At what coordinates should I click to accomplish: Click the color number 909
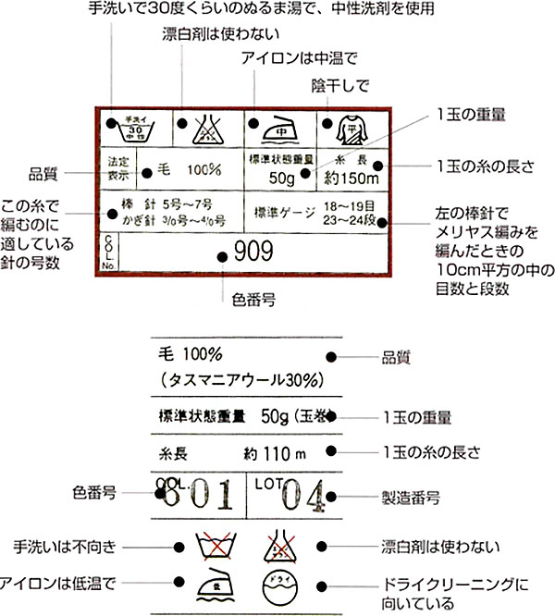(252, 250)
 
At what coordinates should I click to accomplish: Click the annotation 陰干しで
(339, 85)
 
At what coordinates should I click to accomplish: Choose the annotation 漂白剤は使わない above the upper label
(204, 34)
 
